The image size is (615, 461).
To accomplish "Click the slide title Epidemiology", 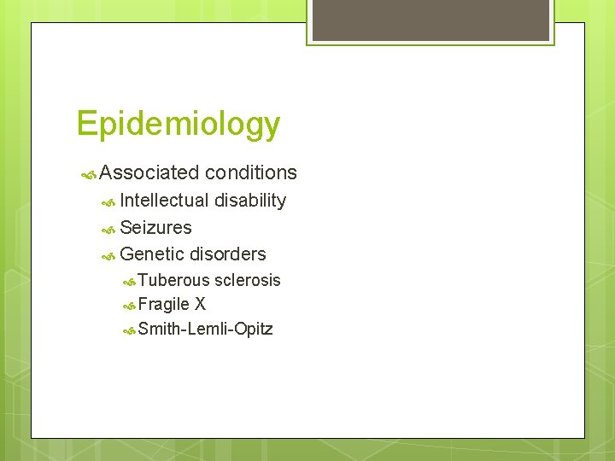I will click(178, 125).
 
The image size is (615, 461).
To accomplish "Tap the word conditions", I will click(251, 172).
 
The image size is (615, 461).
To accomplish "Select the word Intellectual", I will click(164, 201).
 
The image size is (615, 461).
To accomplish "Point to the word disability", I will click(249, 201).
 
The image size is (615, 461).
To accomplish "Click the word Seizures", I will click(155, 228).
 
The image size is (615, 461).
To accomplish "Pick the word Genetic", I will click(152, 254).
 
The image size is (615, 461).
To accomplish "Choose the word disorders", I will click(227, 254).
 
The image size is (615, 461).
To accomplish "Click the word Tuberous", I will click(173, 280).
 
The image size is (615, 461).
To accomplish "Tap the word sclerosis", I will click(248, 280).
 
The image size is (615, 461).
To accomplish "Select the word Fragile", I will click(164, 304).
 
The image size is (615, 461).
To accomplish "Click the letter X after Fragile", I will click(200, 304).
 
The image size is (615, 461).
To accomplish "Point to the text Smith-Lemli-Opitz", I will click(205, 329).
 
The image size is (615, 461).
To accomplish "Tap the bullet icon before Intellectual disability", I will click(108, 202).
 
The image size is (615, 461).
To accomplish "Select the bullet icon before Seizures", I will click(108, 229).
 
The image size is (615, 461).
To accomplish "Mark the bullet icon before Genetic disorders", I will click(108, 256).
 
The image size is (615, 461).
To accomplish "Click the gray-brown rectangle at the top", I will click(430, 19).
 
